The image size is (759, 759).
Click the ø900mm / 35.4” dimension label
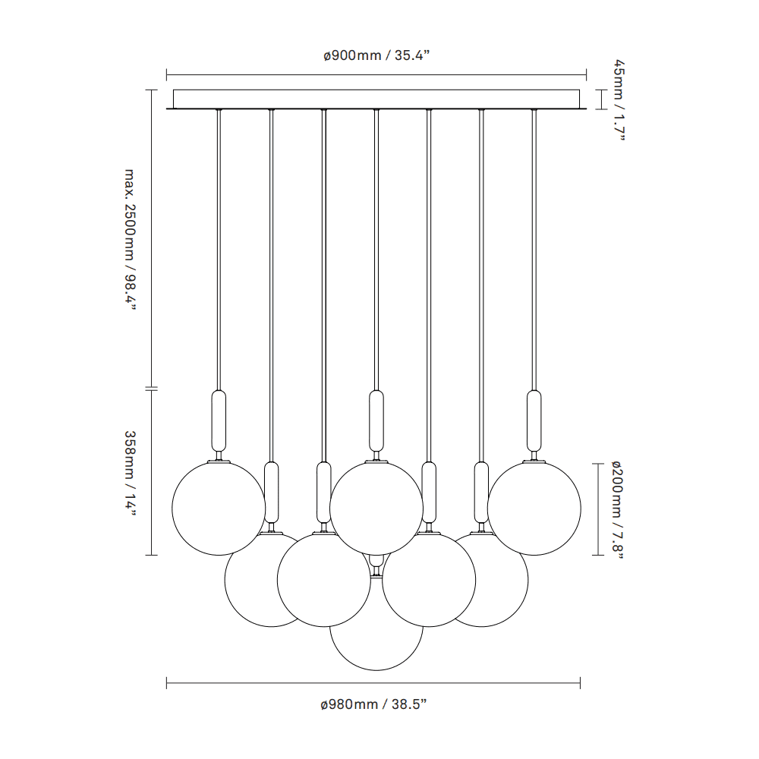pos(377,56)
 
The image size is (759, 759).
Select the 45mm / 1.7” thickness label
pos(619,99)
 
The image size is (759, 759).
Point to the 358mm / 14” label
pos(129,473)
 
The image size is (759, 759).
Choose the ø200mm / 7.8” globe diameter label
pos(618,509)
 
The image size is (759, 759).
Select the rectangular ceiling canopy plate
pos(376,99)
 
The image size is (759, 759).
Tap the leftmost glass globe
pos(219,507)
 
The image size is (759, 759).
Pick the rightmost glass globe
pos(534,507)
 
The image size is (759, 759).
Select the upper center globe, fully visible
pos(376,507)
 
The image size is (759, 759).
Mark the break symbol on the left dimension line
pos(150,389)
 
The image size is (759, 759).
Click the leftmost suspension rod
pos(219,250)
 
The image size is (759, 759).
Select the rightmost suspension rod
pos(534,250)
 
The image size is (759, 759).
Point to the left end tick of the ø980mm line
pos(167,684)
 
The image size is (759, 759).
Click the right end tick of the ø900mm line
pos(586,75)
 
